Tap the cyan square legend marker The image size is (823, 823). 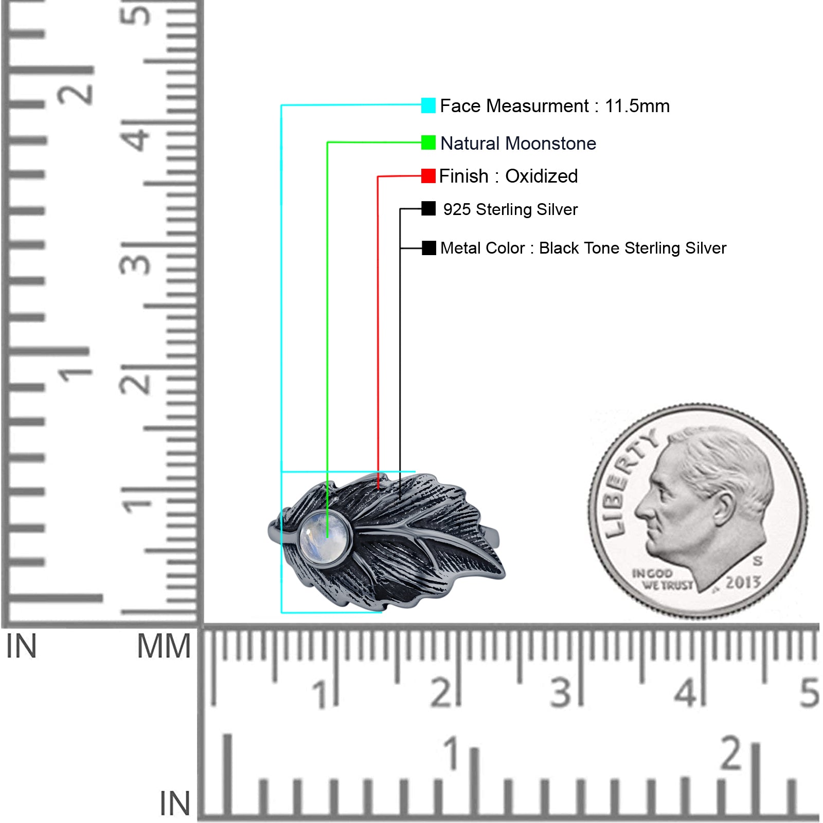pyautogui.click(x=428, y=105)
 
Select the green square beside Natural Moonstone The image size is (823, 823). pyautogui.click(x=428, y=142)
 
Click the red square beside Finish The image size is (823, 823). pyautogui.click(x=428, y=176)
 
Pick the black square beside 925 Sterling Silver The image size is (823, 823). pyautogui.click(x=428, y=208)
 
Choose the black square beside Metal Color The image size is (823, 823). pyautogui.click(x=428, y=248)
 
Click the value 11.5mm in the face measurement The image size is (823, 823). pyautogui.click(x=637, y=106)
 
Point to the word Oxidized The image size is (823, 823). pyautogui.click(x=542, y=176)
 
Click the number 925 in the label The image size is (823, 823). pyautogui.click(x=457, y=209)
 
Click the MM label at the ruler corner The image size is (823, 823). pyautogui.click(x=164, y=646)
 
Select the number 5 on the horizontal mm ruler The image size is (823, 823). pyautogui.click(x=809, y=692)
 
